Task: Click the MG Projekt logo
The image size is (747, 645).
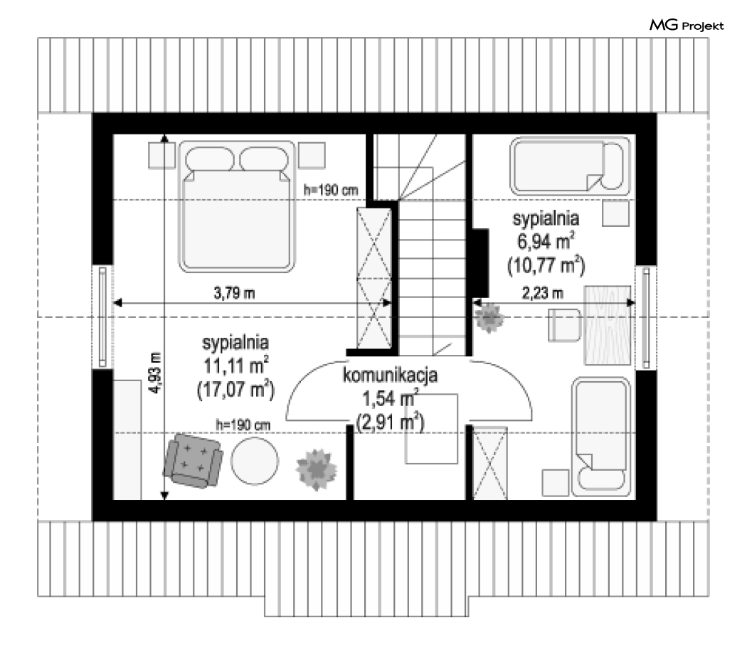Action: coord(687,25)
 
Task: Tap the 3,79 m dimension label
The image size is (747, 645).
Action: coord(234,293)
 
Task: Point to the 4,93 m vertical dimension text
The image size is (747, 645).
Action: coord(155,373)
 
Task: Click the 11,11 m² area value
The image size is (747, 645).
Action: coord(235,366)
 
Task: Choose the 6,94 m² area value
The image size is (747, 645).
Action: coord(546,241)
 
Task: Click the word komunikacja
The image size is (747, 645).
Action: coord(390,375)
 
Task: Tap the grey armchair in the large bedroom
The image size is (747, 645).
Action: coord(193,461)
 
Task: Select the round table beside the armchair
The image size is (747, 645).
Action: coord(255,461)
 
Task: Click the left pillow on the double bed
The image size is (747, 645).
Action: coord(209,159)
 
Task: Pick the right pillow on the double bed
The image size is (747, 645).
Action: coord(263,159)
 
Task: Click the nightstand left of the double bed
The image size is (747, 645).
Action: coord(161,155)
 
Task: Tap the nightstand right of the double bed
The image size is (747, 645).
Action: coord(312,155)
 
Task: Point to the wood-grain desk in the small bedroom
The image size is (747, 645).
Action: coord(608,326)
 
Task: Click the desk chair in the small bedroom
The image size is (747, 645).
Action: coord(564,325)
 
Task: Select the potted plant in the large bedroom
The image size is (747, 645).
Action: coord(317,469)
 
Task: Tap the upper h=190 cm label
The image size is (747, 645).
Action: coord(331,191)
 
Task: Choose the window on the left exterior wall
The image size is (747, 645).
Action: coord(102,316)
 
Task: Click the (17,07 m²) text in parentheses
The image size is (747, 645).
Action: coord(235,390)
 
